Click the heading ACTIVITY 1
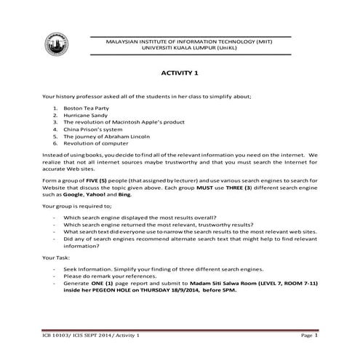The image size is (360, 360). click(x=179, y=73)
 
